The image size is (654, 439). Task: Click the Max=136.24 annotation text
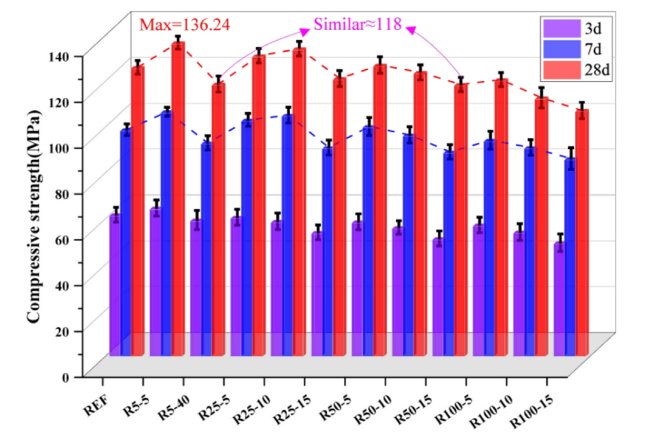click(x=185, y=25)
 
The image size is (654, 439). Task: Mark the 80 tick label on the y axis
click(x=67, y=193)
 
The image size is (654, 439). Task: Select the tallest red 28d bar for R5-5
click(x=178, y=197)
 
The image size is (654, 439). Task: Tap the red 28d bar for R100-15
click(x=582, y=231)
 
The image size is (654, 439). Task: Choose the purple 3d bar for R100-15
click(x=559, y=299)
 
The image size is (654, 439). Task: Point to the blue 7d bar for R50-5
click(x=328, y=252)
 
